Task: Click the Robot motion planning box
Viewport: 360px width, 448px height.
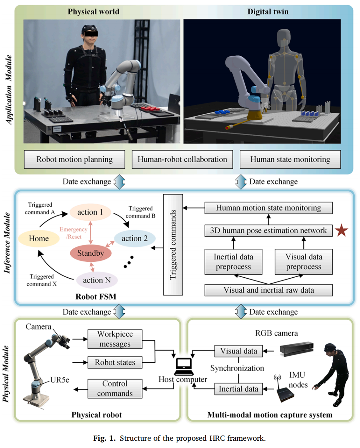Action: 74,159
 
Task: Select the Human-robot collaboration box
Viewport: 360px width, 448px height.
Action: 182,159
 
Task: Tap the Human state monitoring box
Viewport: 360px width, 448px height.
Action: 290,159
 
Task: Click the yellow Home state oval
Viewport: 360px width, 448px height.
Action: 39,238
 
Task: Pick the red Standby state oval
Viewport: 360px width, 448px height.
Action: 91,253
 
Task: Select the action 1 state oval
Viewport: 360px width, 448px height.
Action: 90,212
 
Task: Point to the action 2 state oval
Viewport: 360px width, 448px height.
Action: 135,238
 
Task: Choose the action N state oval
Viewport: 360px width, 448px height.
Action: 97,280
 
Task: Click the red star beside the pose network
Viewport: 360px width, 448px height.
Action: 341,230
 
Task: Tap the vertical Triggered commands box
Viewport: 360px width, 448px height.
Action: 173,245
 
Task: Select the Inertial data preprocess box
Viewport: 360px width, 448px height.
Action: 233,262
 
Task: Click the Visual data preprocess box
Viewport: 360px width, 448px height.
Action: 304,262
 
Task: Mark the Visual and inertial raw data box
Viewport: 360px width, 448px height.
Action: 268,290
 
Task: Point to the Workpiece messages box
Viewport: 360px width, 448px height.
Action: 115,339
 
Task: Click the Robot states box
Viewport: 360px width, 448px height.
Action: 115,362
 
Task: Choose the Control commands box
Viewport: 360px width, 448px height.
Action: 115,388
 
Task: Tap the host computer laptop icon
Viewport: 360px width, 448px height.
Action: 184,366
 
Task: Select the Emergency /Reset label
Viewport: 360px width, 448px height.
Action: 74,233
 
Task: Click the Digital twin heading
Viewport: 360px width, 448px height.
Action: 268,12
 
